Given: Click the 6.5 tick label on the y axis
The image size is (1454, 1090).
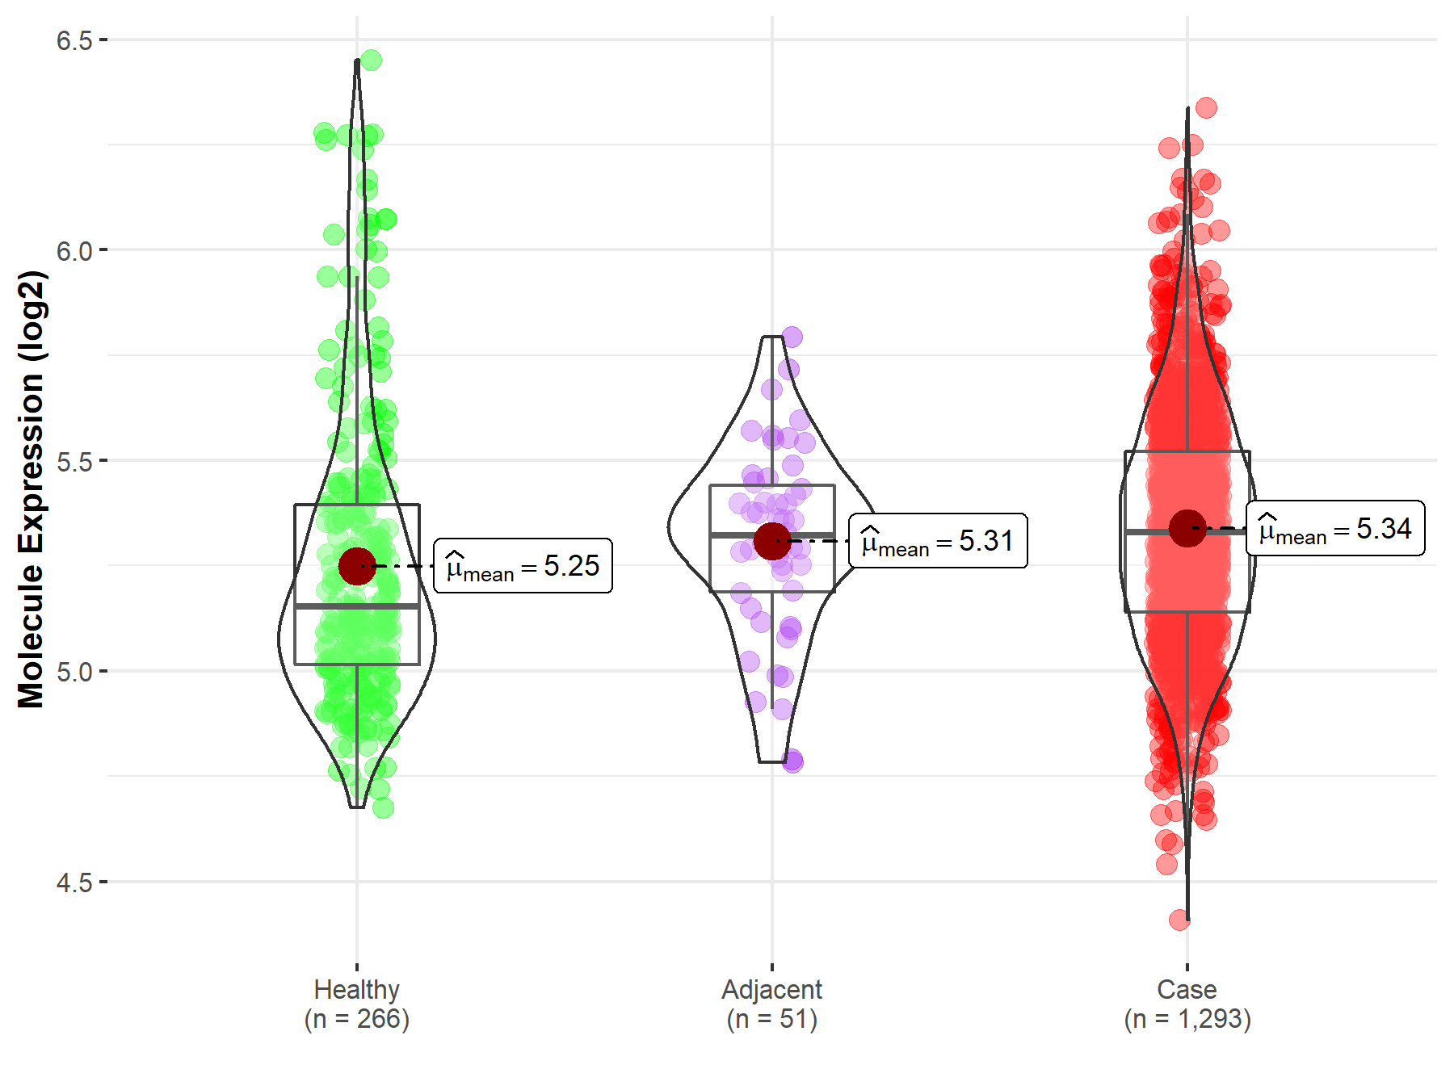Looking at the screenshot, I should click(x=74, y=40).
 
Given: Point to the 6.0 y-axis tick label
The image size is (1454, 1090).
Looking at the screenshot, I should click(x=74, y=250).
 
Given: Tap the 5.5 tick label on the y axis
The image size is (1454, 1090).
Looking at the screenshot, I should click(x=74, y=461).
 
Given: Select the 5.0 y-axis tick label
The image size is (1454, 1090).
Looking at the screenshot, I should click(x=74, y=672).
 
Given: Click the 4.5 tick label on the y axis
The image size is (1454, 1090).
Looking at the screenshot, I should click(x=74, y=882).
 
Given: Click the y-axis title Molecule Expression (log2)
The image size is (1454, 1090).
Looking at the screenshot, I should click(x=31, y=489).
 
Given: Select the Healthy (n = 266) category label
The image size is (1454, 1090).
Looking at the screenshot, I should click(x=357, y=1004).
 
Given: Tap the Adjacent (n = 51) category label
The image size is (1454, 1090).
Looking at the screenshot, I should click(x=772, y=1004).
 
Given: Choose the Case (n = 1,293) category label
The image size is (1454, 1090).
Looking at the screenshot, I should click(x=1187, y=1004).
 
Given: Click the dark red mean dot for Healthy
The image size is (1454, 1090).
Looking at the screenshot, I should click(x=357, y=566).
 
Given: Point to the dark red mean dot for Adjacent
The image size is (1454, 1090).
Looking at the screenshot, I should click(x=772, y=541).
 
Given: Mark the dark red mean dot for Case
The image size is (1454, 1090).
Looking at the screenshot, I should click(x=1187, y=528).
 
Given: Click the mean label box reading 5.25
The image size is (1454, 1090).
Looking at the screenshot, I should click(x=523, y=566).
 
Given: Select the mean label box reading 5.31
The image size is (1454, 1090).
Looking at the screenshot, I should click(x=939, y=541).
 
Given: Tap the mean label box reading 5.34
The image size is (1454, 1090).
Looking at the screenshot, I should click(x=1336, y=528).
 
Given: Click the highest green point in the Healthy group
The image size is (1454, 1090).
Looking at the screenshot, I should click(x=371, y=60).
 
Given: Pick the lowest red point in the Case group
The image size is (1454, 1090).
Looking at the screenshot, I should click(x=1179, y=919).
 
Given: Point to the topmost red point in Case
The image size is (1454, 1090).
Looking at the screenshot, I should click(x=1206, y=107).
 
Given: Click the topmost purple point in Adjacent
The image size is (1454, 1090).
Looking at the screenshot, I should click(x=792, y=337).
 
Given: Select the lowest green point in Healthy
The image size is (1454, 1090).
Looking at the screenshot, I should click(x=383, y=807).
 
